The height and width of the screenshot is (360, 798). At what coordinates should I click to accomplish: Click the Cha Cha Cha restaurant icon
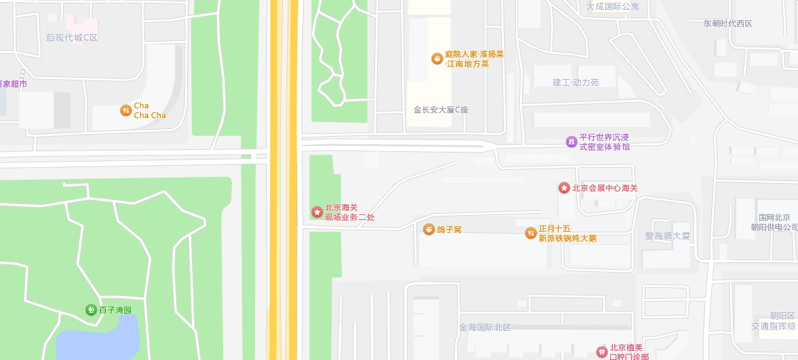[x=125, y=110]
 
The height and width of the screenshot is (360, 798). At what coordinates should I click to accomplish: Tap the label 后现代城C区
[x=72, y=37]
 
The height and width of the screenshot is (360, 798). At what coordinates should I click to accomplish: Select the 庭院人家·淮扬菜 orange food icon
[x=437, y=58]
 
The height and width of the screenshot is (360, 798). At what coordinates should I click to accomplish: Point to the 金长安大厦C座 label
[x=441, y=110]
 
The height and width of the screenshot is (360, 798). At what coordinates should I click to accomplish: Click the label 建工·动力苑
[x=575, y=83]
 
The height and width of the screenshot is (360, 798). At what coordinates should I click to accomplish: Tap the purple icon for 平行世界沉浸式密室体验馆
[x=571, y=142]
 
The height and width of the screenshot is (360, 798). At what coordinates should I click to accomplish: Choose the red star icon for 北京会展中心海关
[x=564, y=188]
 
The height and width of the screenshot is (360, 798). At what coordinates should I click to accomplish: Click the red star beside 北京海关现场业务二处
[x=317, y=212]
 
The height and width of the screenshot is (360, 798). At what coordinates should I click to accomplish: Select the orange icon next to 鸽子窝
[x=429, y=229]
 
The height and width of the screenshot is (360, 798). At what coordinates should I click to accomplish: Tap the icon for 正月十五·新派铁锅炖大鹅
[x=531, y=233]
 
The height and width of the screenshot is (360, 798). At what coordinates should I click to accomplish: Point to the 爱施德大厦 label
[x=668, y=236]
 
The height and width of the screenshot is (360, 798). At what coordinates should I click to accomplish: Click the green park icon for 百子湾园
[x=91, y=309]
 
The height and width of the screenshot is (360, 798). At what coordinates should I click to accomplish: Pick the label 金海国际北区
[x=485, y=327]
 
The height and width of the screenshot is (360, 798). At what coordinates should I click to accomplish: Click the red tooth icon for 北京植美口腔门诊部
[x=602, y=352]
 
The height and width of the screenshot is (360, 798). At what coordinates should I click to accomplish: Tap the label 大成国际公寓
[x=612, y=6]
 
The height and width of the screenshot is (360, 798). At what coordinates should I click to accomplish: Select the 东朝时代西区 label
[x=727, y=24]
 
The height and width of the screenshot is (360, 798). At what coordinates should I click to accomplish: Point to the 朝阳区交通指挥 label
[x=774, y=320]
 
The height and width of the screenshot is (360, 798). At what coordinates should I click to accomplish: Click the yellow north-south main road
[x=284, y=180]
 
